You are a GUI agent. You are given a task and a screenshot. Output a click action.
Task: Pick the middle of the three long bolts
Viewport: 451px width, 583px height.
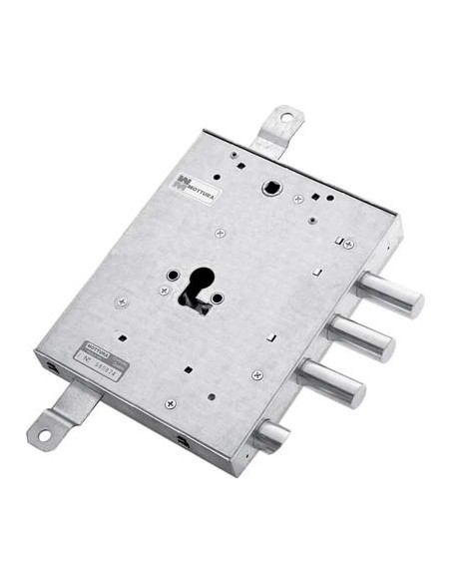click(363, 337)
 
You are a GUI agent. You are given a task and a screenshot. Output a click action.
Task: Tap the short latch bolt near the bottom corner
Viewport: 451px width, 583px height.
click(270, 433)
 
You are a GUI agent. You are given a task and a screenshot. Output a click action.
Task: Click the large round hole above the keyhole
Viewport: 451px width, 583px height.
click(271, 188)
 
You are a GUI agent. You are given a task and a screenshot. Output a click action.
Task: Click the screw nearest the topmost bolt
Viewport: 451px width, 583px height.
click(348, 244)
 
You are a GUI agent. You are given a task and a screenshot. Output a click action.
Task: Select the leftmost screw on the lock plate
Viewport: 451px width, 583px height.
click(121, 301)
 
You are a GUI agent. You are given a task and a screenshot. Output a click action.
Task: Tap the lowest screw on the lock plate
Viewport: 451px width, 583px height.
click(170, 404)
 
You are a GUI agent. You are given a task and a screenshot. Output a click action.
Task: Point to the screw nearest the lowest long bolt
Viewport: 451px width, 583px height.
click(257, 374)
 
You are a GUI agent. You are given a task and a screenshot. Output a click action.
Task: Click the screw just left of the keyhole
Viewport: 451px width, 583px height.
click(163, 291)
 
